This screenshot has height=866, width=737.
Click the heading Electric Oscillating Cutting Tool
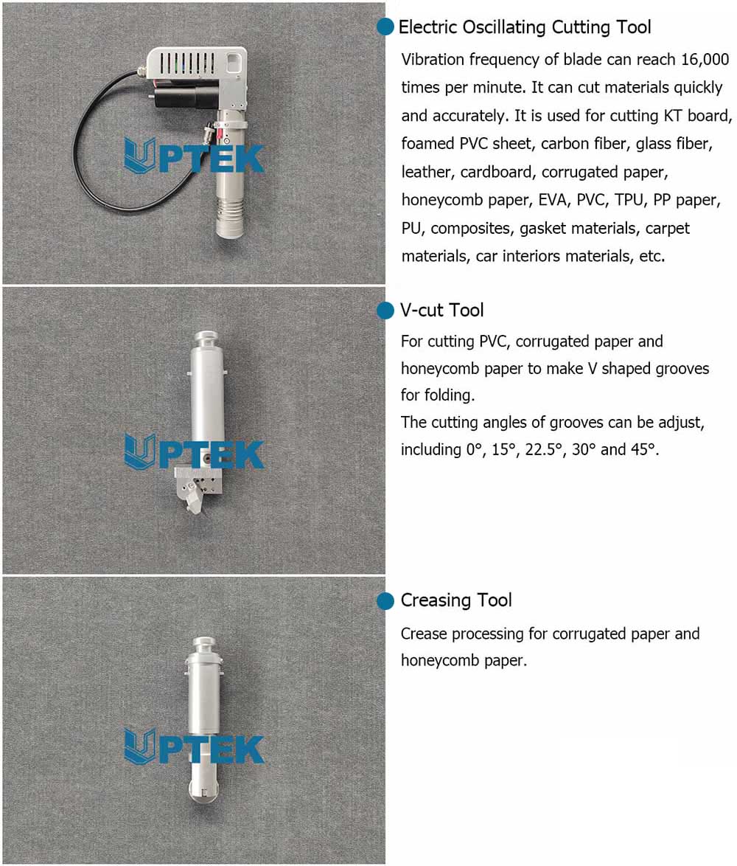[x=525, y=27]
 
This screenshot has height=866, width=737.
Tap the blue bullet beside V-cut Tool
[x=385, y=311]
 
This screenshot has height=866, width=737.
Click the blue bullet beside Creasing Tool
[x=385, y=601]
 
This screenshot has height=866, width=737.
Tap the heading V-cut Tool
[x=442, y=311]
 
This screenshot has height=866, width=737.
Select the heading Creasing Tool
[x=456, y=600]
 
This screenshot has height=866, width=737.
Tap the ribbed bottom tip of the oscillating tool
[x=232, y=218]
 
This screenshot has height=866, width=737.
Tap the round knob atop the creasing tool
[x=203, y=643]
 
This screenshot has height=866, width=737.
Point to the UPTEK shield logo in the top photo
[x=140, y=155]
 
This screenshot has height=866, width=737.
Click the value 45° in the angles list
[x=643, y=449]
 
